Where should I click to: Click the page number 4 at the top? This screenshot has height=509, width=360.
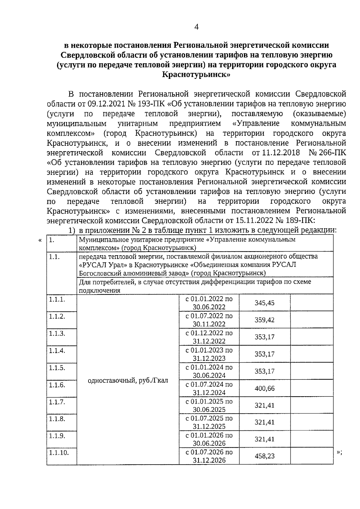tap(196, 27)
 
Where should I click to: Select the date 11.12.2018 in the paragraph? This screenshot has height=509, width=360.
tap(281, 153)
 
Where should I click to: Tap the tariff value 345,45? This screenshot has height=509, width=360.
tap(265, 303)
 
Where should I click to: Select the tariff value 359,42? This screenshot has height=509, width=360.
tap(265, 320)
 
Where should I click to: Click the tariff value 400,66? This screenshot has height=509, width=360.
tap(265, 388)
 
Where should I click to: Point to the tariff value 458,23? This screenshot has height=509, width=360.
tap(265, 456)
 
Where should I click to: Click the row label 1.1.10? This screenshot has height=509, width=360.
tap(59, 453)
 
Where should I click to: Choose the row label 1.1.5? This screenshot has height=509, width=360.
tap(57, 368)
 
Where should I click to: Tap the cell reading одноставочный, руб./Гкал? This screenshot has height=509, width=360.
tap(128, 381)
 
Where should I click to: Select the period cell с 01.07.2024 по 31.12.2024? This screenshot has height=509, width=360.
tap(209, 388)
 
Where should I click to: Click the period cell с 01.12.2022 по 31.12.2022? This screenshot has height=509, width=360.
tap(209, 337)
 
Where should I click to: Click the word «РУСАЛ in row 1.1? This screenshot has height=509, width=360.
tap(90, 265)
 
